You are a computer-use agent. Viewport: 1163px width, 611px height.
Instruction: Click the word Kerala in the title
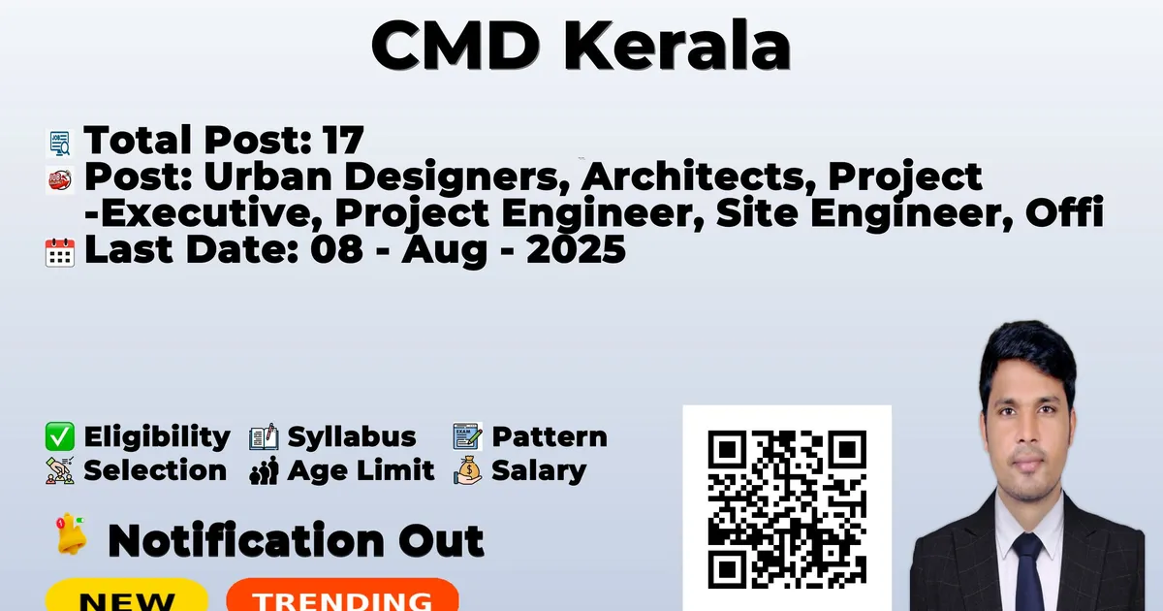pos(677,46)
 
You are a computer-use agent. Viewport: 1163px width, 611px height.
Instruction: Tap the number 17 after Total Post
pos(343,140)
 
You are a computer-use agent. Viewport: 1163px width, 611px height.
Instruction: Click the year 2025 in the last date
pos(576,249)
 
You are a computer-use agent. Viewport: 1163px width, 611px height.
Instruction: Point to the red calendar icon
pos(60,252)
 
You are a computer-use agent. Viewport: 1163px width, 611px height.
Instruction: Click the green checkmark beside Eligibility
pos(60,436)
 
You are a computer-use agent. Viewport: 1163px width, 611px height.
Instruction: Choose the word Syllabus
pos(352,436)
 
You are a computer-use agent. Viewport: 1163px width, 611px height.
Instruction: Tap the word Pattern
pos(550,436)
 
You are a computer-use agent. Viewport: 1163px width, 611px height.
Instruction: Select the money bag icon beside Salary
pos(468,470)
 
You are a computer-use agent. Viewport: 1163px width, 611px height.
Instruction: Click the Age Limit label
pos(361,470)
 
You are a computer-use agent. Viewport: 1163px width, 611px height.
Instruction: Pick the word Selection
pos(155,470)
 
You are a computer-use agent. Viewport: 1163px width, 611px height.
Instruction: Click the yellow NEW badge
pos(127,595)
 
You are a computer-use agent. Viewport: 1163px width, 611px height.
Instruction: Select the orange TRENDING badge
pos(343,595)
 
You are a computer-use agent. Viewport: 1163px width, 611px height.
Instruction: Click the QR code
pos(787,509)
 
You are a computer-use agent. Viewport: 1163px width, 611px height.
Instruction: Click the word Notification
pos(246,541)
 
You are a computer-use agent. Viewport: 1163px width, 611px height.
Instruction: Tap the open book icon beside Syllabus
pos(264,437)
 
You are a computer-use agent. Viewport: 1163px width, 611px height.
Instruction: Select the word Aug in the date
pos(444,251)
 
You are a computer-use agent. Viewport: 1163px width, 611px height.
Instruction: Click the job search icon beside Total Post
pos(60,143)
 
